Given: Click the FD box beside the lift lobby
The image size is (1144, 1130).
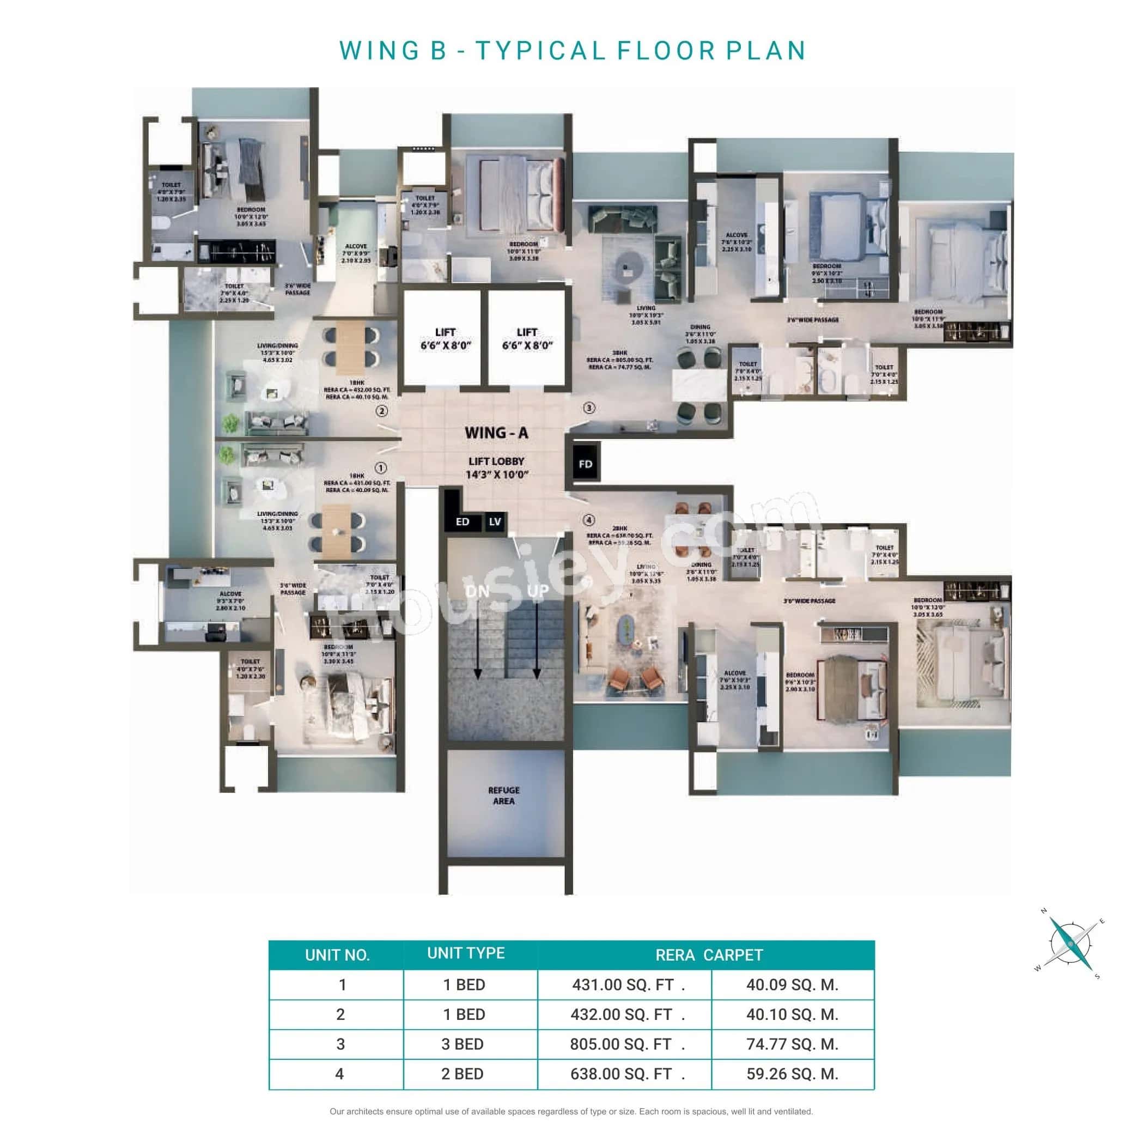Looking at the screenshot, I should point(585,464).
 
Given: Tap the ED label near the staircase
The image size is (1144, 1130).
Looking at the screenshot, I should point(463,522).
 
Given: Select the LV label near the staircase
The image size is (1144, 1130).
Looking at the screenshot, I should point(495,522).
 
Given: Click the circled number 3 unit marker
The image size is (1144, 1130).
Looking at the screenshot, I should point(588,408).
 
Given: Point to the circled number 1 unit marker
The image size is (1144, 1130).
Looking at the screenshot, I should point(381,468).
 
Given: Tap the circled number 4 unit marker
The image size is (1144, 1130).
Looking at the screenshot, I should point(588,520).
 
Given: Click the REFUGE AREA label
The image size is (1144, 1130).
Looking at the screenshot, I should point(504,795).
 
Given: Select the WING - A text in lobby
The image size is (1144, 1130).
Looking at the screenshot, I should point(496,433).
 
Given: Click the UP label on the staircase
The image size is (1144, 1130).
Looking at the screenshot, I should point(538,591).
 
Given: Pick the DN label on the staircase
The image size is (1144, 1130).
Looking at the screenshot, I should point(477,591).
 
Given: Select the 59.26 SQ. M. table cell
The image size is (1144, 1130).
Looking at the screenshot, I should point(792,1074).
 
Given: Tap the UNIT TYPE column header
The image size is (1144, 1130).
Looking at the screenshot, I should point(466,953).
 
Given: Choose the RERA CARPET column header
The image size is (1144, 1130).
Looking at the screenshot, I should point(709,955).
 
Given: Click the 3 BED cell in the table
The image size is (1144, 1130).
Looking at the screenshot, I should point(463,1044).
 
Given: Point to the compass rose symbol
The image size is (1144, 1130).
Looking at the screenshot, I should point(1071,943).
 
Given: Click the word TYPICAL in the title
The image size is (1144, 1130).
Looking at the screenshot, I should point(541,51).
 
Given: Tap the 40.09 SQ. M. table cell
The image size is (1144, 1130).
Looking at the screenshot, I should point(792,985).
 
